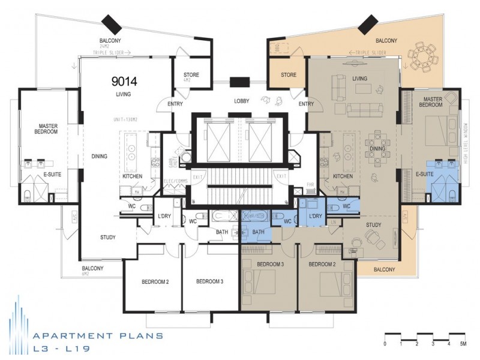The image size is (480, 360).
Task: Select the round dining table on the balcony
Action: point(426,56)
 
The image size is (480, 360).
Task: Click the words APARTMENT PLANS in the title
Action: point(98,336)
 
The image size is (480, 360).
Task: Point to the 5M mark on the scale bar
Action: point(463,344)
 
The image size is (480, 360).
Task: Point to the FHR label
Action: point(310,185)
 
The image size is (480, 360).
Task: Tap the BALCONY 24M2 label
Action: point(112,44)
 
